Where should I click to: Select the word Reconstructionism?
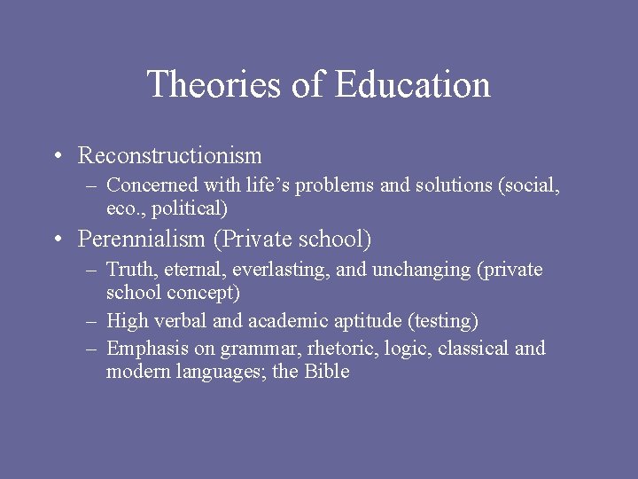pyautogui.click(x=170, y=156)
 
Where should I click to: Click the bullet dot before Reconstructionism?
pyautogui.click(x=57, y=157)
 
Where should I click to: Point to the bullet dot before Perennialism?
pyautogui.click(x=57, y=239)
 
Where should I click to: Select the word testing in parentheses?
pyautogui.click(x=443, y=320)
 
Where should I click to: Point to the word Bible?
pyautogui.click(x=327, y=372)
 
